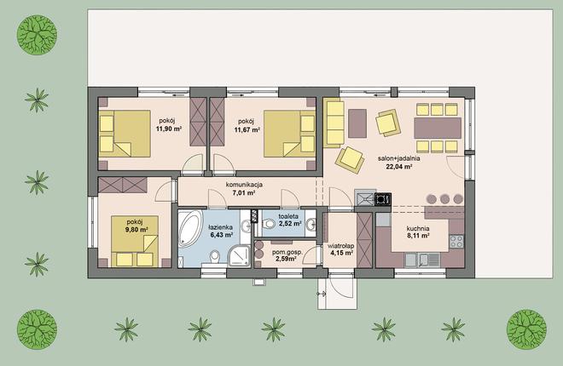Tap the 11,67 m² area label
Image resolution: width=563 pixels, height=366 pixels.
pyautogui.click(x=247, y=129)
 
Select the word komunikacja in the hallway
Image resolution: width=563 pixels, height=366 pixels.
pyautogui.click(x=244, y=185)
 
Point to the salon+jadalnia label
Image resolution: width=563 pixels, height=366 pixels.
pyautogui.click(x=399, y=158)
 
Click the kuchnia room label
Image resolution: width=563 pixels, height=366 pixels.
pyautogui.click(x=418, y=228)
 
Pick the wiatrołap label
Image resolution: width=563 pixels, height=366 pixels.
pyautogui.click(x=341, y=246)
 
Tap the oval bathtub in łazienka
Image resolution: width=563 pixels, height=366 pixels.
pyautogui.click(x=190, y=229)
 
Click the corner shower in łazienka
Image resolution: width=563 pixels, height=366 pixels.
pyautogui.click(x=239, y=255)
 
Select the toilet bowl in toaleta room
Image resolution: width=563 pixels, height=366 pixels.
pyautogui.click(x=268, y=225)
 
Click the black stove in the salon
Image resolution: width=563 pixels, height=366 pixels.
pyautogui.click(x=383, y=199)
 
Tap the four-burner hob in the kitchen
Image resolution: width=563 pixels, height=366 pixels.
pyautogui.click(x=456, y=242)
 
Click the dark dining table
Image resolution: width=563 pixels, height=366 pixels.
pyautogui.click(x=438, y=129)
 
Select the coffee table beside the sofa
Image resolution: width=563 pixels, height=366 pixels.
pyautogui.click(x=357, y=123)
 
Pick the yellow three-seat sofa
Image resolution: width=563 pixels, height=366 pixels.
pyautogui.click(x=334, y=123)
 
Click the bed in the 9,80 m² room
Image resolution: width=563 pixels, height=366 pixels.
pyautogui.click(x=135, y=241)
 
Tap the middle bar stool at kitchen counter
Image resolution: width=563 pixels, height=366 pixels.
pyautogui.click(x=445, y=199)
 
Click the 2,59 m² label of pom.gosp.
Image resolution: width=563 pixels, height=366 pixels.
pyautogui.click(x=286, y=259)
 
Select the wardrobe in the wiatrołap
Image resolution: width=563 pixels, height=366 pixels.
pyautogui.click(x=365, y=240)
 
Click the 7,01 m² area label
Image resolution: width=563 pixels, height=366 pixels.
pyautogui.click(x=244, y=193)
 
